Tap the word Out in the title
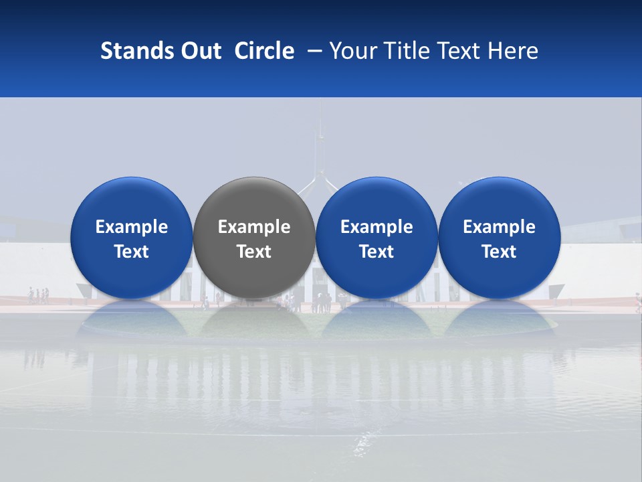tap(200, 51)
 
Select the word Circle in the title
tap(264, 51)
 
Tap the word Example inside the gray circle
tap(254, 227)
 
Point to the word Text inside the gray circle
tap(254, 252)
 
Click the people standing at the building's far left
tap(38, 295)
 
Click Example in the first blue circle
tap(131, 227)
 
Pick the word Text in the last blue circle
tap(500, 252)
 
